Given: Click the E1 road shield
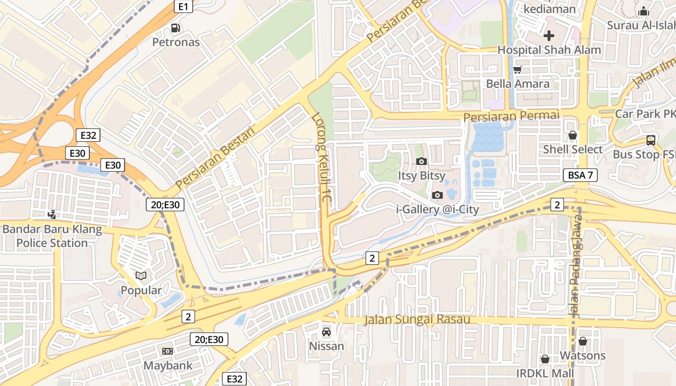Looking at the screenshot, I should [184, 6].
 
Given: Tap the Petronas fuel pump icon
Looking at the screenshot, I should [176, 28].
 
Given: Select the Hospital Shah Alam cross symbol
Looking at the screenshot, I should [549, 35].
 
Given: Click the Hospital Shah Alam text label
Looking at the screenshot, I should [549, 50].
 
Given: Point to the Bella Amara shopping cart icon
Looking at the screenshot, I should [518, 69].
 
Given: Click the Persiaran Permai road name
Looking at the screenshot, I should [511, 116].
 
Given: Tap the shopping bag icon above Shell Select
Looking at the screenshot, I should [573, 135].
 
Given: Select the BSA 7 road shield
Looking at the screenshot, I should [580, 175].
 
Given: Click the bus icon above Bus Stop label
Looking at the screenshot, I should [650, 140].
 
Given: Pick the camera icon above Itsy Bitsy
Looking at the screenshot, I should [422, 161].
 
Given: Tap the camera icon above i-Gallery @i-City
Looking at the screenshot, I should [437, 195].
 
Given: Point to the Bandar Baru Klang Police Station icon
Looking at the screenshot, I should [52, 214].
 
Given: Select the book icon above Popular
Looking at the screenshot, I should [141, 276].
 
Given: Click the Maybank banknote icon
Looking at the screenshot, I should [168, 351].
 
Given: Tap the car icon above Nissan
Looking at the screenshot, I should [326, 331].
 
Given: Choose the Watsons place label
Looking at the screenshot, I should [582, 356].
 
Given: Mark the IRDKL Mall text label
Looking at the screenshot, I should [545, 373].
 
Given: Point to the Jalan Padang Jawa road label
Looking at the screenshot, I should [575, 265].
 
